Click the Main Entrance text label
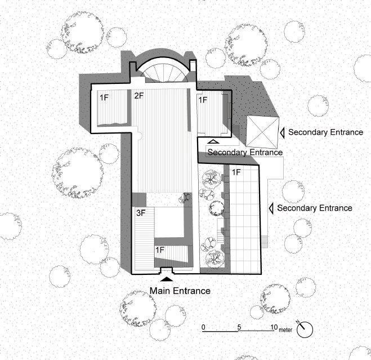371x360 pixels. click(180, 291)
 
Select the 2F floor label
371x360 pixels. click(138, 96)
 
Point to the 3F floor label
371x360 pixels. click(142, 214)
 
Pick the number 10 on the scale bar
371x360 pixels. click(274, 327)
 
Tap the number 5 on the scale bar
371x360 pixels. click(239, 327)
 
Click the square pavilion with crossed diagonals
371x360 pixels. click(262, 133)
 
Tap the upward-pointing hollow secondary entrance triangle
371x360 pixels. click(213, 142)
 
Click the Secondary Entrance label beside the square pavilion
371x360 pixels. click(325, 132)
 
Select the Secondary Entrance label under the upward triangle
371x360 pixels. click(245, 152)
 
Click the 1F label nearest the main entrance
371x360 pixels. click(159, 249)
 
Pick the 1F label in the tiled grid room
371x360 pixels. click(236, 171)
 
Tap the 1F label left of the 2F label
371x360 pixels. click(104, 97)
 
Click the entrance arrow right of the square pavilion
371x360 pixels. click(283, 132)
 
